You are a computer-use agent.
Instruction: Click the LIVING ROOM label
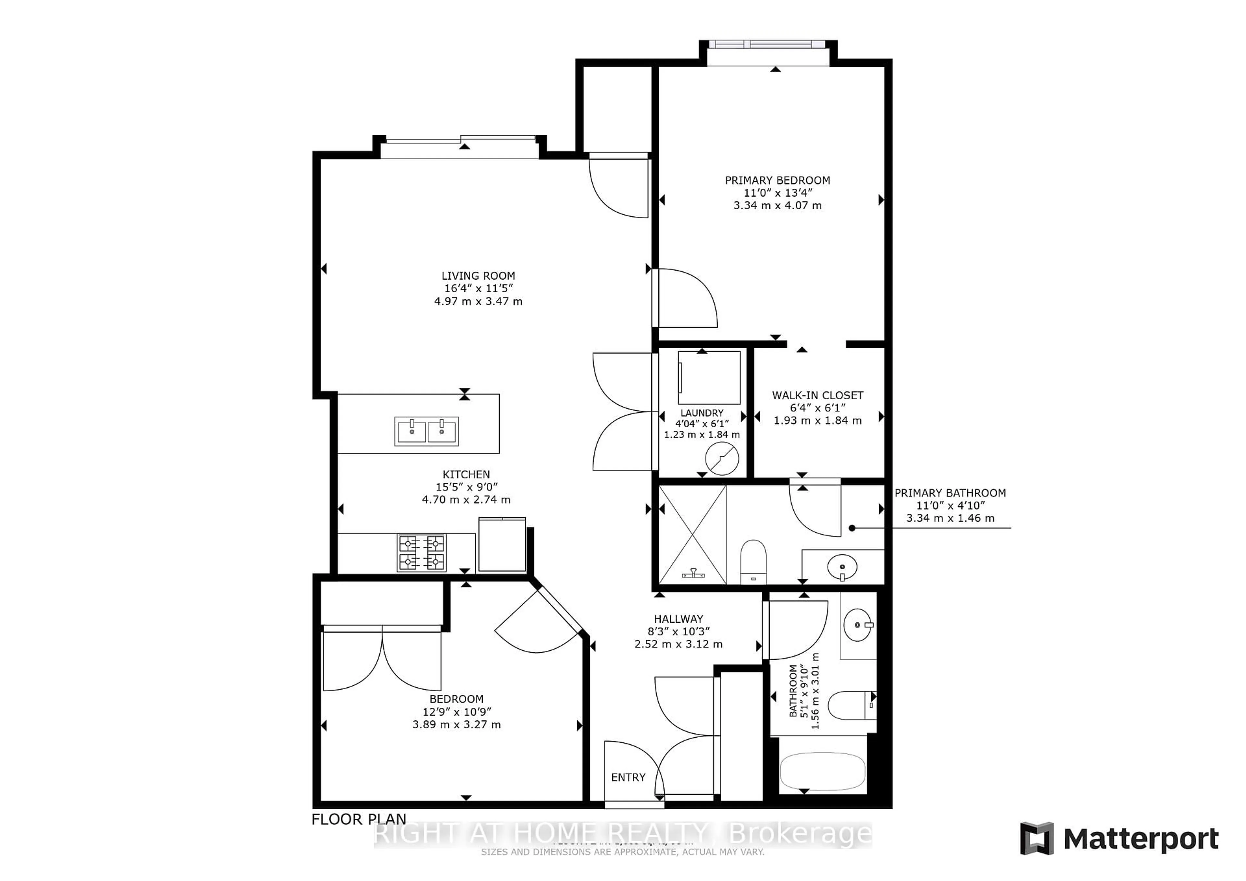(478, 276)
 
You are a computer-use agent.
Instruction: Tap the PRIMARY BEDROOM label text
(777, 180)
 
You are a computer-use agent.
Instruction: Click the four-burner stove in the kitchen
(422, 553)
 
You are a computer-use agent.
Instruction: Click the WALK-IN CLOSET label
(817, 395)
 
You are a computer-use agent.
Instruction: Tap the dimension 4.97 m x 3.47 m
(478, 301)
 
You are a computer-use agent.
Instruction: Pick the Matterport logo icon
(1036, 839)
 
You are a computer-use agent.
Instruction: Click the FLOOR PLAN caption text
(359, 819)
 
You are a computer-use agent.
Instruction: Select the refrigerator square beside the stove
(502, 544)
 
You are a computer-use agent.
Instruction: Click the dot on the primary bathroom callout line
(851, 528)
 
